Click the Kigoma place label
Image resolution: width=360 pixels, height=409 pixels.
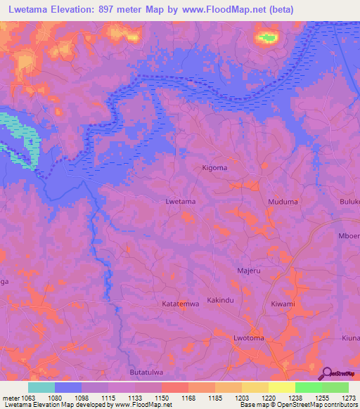click(x=214, y=168)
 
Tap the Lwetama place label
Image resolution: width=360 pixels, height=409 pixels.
click(x=180, y=202)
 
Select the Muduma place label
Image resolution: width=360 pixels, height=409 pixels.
click(x=283, y=202)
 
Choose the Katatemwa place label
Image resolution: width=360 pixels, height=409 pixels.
click(x=181, y=304)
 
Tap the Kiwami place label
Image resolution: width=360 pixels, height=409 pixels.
click(x=283, y=304)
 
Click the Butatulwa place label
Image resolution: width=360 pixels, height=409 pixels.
click(x=148, y=372)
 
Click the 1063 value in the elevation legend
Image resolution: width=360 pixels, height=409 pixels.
click(x=29, y=397)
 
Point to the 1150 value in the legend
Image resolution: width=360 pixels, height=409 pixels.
click(x=161, y=397)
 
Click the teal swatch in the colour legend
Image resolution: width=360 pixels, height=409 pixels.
click(x=41, y=387)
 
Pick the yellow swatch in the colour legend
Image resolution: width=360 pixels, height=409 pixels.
click(x=281, y=387)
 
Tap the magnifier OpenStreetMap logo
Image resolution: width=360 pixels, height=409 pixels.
click(x=326, y=372)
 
